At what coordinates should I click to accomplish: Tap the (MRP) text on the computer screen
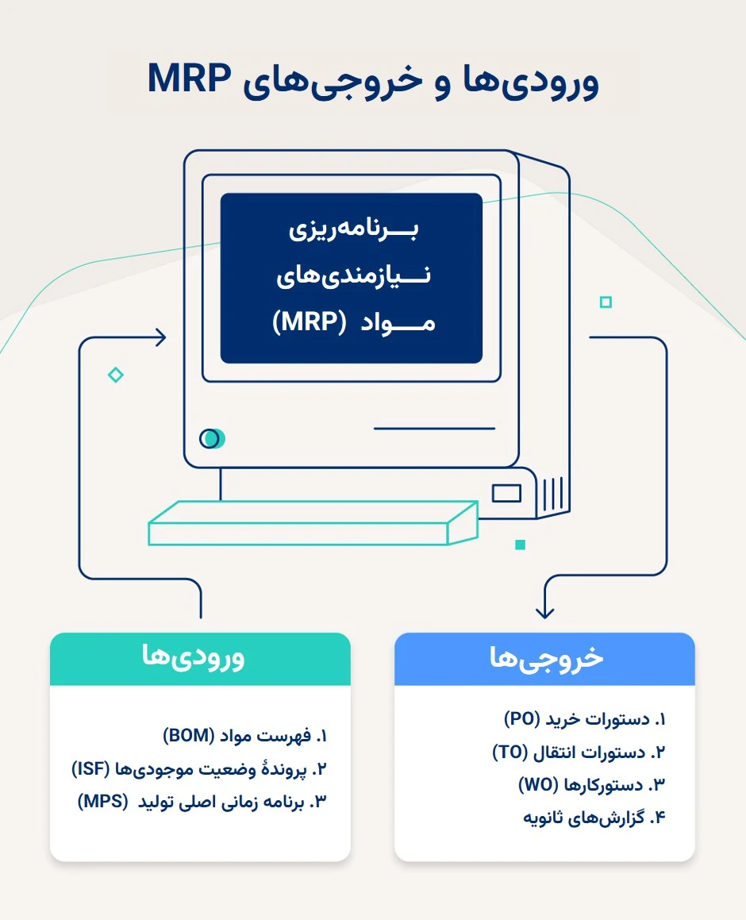click(x=310, y=321)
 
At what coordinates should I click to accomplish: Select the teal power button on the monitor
click(x=213, y=438)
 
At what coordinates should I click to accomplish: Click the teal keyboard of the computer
click(x=313, y=523)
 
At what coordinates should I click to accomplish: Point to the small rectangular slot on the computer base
click(x=506, y=493)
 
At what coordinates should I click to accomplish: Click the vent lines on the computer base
click(x=553, y=494)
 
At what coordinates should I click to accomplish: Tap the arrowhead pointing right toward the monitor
click(x=160, y=337)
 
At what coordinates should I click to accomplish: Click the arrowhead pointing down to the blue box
click(x=545, y=612)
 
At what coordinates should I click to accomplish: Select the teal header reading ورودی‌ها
click(x=200, y=658)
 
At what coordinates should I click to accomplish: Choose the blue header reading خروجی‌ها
click(x=544, y=658)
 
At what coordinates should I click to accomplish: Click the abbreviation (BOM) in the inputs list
click(x=189, y=735)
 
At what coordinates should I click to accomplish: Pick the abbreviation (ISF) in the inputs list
click(x=91, y=768)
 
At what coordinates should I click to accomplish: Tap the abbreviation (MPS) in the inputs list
click(x=102, y=801)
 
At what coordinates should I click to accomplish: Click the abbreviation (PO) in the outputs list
click(x=522, y=718)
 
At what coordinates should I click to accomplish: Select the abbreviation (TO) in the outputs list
click(x=510, y=752)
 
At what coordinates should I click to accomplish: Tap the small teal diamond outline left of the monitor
click(x=116, y=375)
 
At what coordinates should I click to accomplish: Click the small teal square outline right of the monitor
click(x=606, y=302)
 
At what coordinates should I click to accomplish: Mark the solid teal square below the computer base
click(x=520, y=545)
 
